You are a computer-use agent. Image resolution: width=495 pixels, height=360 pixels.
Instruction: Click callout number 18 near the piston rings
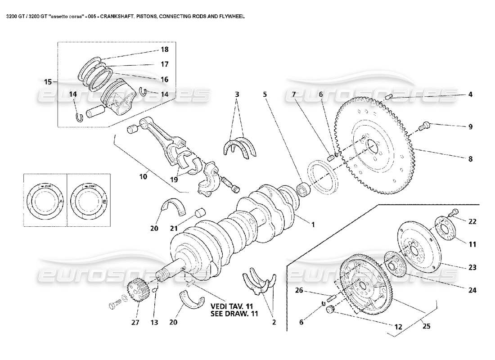pyautogui.click(x=164, y=49)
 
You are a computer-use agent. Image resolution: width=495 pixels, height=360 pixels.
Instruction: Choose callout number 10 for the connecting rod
pyautogui.click(x=143, y=177)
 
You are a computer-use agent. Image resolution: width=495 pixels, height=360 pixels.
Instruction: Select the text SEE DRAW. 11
pyautogui.click(x=234, y=314)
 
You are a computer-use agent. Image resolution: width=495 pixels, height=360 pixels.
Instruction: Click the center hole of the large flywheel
pyautogui.click(x=372, y=145)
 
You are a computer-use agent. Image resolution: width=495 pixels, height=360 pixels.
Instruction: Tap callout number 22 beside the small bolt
pyautogui.click(x=472, y=221)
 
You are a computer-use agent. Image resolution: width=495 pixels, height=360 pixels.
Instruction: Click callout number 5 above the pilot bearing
pyautogui.click(x=265, y=94)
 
